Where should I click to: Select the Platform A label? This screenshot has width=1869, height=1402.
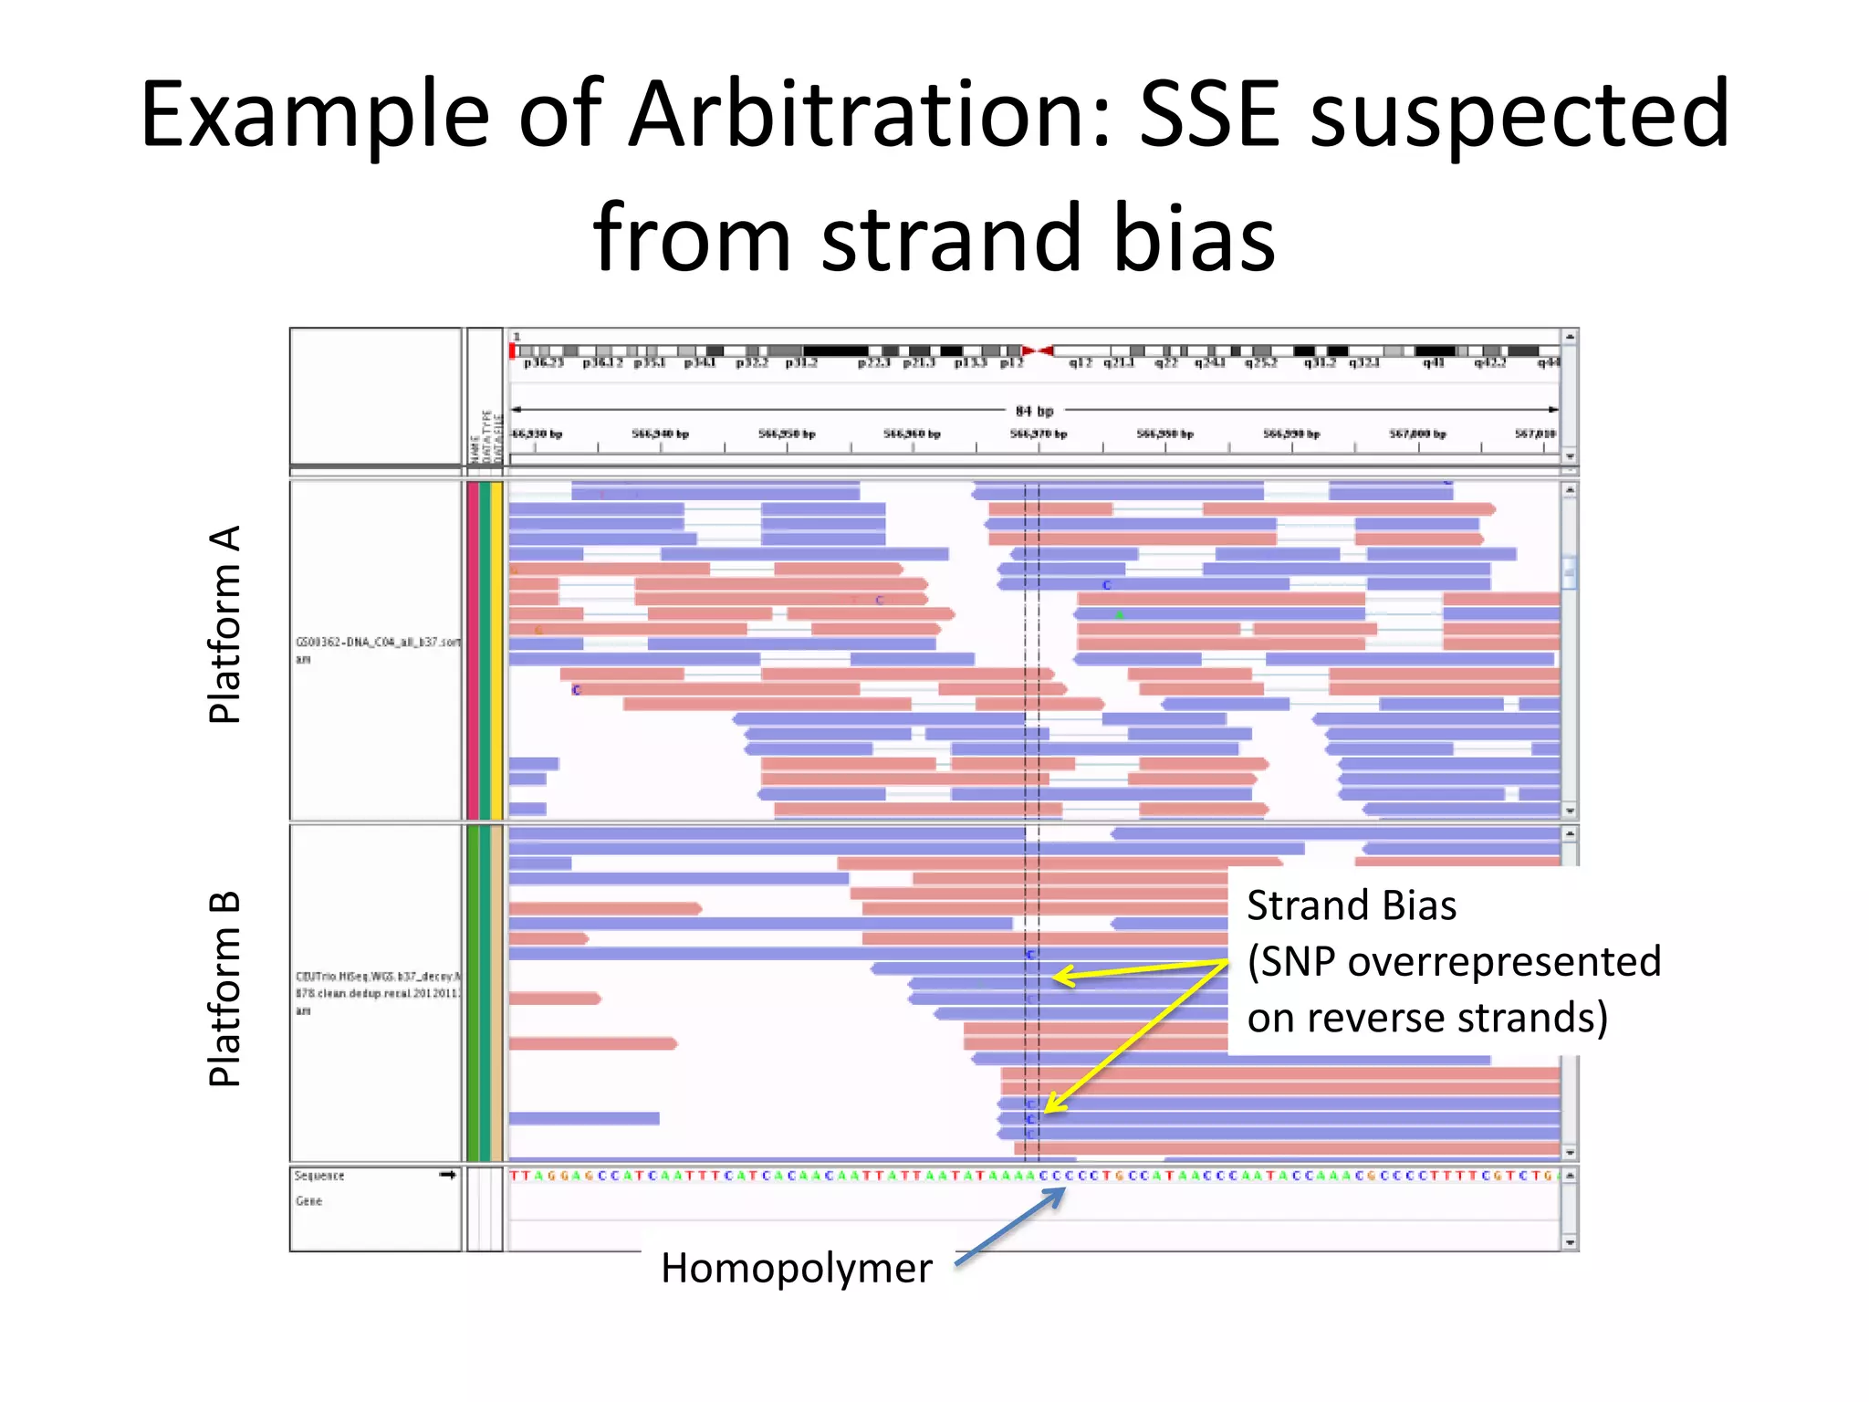pos(224,624)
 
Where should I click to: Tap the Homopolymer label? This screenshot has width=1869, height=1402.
pos(796,1268)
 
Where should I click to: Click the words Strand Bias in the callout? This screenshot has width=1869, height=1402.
pos(1351,905)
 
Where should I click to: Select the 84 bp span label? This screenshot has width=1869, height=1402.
pos(1034,411)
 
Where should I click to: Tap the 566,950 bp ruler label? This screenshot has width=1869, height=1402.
pos(787,434)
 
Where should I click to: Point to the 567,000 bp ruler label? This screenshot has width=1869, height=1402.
pos(1417,434)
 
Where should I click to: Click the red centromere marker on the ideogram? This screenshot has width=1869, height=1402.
pos(1039,350)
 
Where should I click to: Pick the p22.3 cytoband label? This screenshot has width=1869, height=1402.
pos(874,363)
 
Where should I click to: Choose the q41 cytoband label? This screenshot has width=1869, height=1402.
pos(1433,363)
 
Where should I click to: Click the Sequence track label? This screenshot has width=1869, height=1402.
pos(319,1176)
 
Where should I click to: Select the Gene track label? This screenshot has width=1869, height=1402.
pos(308,1201)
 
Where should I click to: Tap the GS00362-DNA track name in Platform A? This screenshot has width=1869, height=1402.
pos(377,642)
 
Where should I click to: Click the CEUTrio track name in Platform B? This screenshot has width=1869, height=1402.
pos(377,977)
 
